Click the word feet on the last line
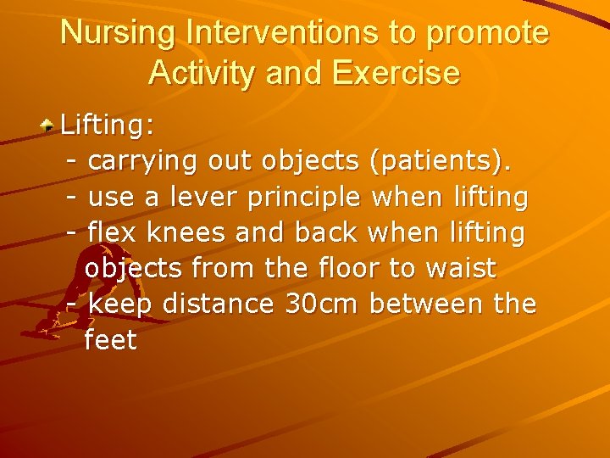[110, 339]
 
